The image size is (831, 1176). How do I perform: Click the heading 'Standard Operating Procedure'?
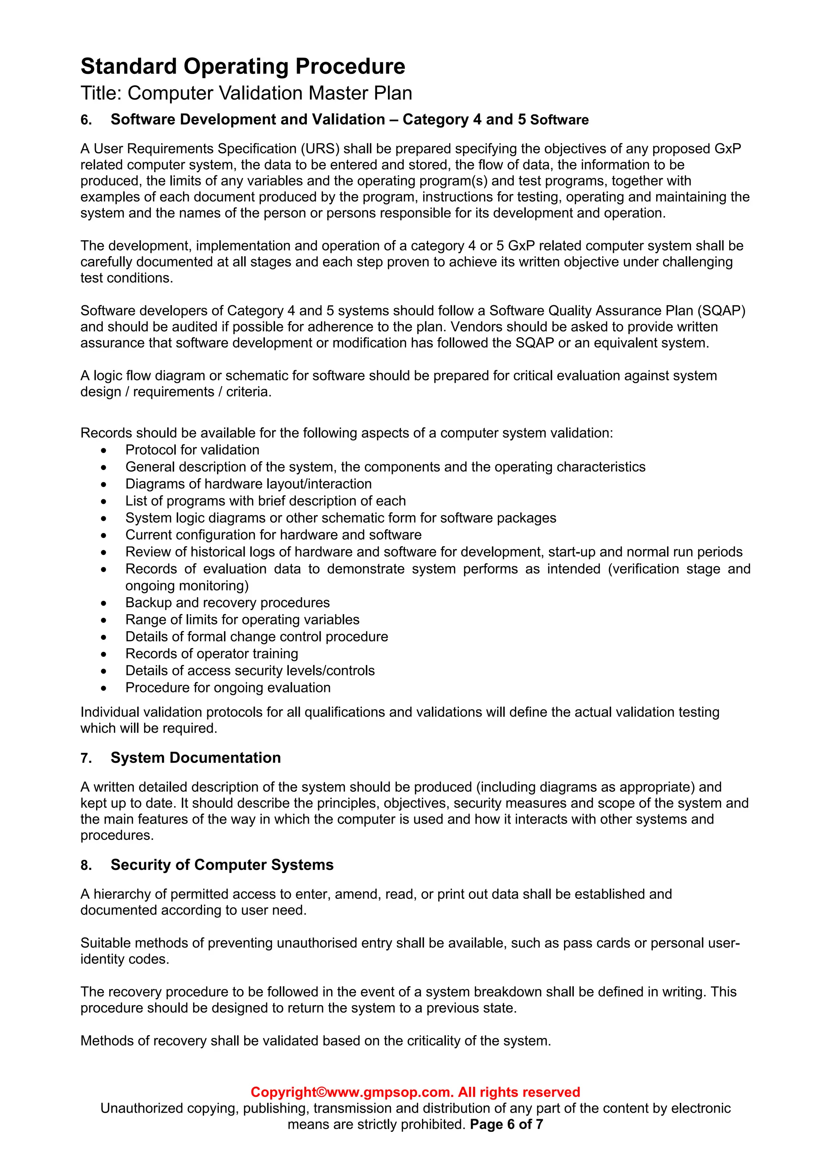pyautogui.click(x=243, y=67)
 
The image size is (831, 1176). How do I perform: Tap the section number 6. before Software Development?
pyautogui.click(x=86, y=120)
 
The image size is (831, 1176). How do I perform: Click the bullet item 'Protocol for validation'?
pyautogui.click(x=192, y=450)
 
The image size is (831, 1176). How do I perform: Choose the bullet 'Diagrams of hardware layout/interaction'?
pyautogui.click(x=248, y=483)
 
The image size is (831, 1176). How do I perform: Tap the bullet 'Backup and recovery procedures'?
pyautogui.click(x=227, y=602)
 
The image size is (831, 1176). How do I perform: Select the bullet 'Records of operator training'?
pyautogui.click(x=211, y=654)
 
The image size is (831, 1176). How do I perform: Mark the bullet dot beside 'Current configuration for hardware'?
pyautogui.click(x=104, y=535)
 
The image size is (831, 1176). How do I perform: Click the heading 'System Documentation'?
pyautogui.click(x=196, y=757)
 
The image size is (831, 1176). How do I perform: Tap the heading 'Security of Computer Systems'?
pyautogui.click(x=222, y=865)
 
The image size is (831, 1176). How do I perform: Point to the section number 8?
pyautogui.click(x=86, y=865)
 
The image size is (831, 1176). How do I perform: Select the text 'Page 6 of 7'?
pyautogui.click(x=506, y=1124)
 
